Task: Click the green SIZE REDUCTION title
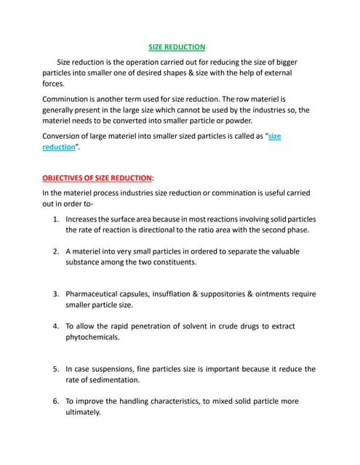point(177,46)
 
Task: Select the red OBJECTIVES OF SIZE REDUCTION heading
point(97,177)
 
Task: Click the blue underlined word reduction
point(59,146)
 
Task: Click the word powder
point(238,120)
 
